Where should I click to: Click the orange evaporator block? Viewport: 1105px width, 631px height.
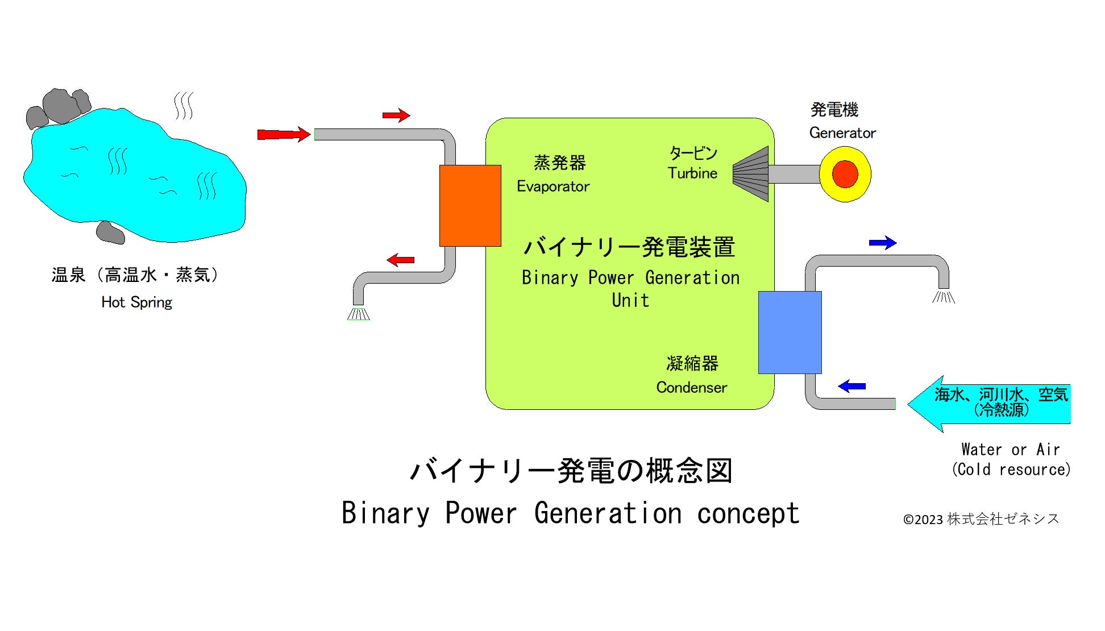tap(470, 205)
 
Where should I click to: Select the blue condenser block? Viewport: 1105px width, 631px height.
tap(790, 332)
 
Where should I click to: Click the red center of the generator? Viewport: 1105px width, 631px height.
tap(845, 174)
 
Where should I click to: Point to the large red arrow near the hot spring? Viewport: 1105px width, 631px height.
tap(283, 134)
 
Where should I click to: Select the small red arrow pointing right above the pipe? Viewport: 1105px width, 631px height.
tap(396, 115)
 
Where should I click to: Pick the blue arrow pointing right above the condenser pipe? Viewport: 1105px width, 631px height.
tap(882, 243)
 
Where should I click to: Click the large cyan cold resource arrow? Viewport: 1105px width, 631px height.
tap(989, 404)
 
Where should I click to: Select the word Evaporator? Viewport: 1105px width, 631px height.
tap(552, 186)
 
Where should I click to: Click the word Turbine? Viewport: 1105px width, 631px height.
tap(692, 173)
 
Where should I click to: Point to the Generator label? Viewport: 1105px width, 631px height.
tap(842, 133)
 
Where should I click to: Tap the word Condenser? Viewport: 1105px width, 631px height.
tap(691, 388)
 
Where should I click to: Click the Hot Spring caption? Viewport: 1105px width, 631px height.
tap(136, 302)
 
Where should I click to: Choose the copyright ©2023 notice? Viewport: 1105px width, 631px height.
tap(981, 519)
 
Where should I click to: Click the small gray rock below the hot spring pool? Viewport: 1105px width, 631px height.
tap(110, 233)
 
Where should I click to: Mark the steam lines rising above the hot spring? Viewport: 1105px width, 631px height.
tap(183, 106)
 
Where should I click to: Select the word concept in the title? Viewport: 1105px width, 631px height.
tap(748, 513)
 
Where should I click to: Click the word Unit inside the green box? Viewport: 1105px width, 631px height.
tap(630, 300)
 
